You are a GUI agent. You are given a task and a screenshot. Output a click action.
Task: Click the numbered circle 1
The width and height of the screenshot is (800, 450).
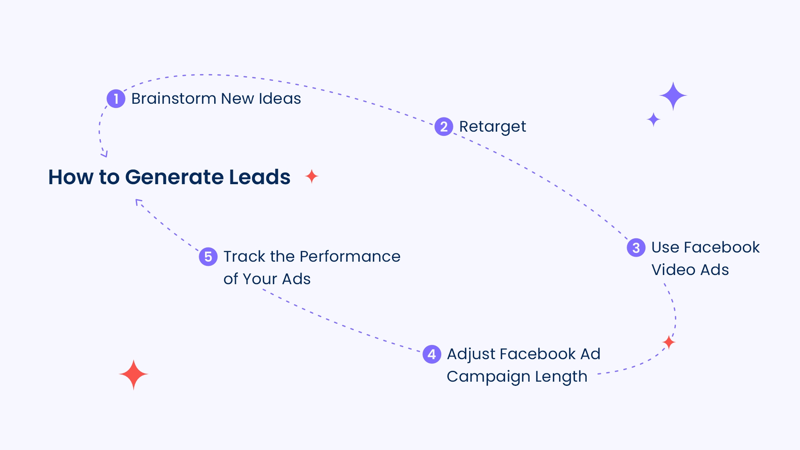click(116, 99)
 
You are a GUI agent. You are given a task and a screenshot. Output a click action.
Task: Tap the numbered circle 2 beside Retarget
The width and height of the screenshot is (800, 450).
click(444, 127)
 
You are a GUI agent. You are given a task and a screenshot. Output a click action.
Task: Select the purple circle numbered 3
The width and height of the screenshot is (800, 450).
click(636, 247)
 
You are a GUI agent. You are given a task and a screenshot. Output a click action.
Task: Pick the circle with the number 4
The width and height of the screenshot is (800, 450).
click(432, 354)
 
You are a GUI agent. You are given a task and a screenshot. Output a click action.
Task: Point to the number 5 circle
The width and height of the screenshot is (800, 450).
click(208, 257)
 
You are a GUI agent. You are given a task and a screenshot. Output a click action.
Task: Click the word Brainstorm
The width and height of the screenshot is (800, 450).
click(174, 99)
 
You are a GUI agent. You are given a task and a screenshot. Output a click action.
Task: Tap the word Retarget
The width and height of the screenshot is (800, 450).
click(492, 127)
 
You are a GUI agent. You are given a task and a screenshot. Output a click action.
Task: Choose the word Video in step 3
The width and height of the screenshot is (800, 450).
click(673, 270)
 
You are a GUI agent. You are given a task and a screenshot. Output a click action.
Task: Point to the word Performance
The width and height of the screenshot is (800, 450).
click(350, 257)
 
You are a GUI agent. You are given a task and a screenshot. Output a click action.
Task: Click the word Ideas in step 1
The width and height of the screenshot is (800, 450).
click(280, 99)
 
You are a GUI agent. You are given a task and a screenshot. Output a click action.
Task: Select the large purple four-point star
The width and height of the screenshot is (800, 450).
click(673, 96)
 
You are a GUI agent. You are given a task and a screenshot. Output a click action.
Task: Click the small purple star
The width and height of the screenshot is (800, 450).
click(653, 120)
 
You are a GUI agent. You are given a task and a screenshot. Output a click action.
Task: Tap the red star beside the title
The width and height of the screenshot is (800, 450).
click(312, 177)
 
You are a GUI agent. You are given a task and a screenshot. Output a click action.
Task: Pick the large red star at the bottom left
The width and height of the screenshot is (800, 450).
click(133, 375)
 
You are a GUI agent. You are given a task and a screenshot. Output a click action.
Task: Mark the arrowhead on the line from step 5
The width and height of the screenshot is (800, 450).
click(139, 202)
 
